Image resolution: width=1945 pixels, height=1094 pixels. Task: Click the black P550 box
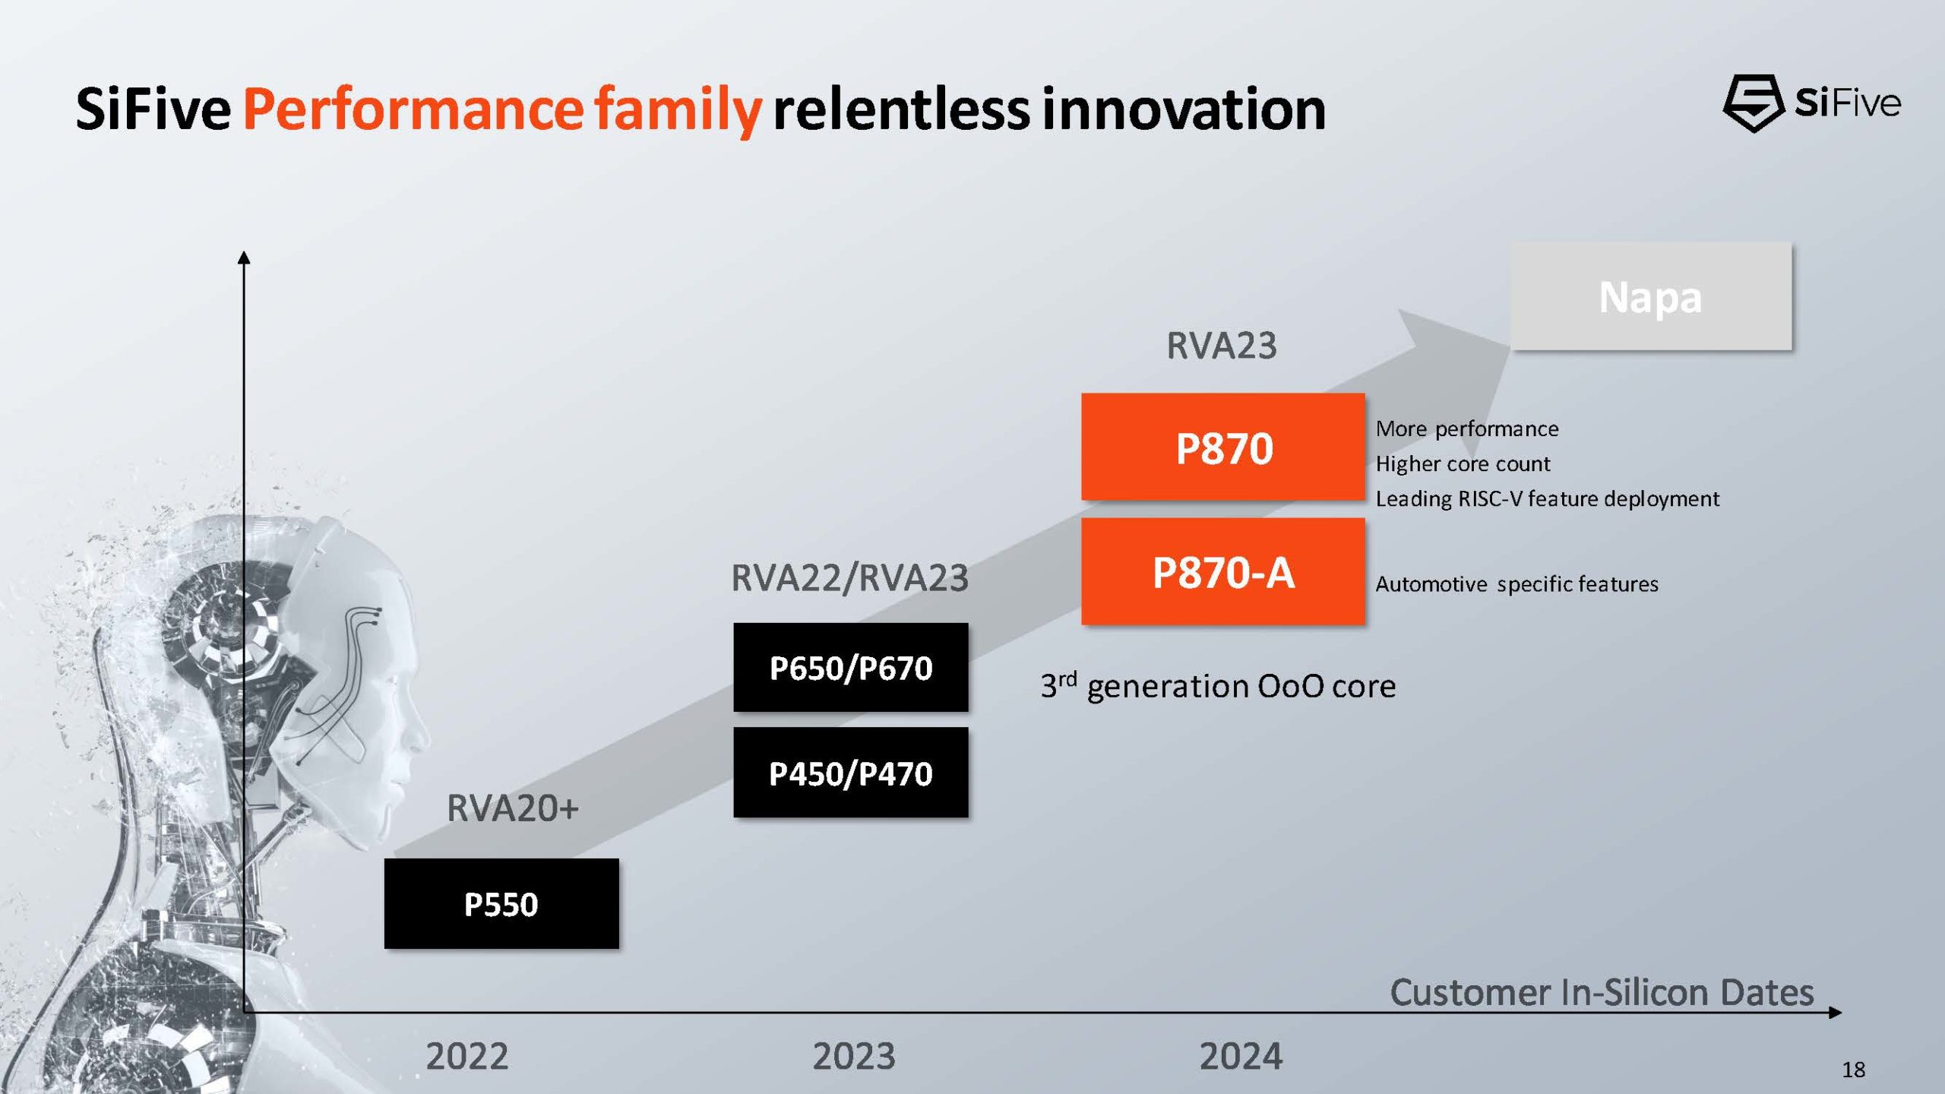pyautogui.click(x=501, y=903)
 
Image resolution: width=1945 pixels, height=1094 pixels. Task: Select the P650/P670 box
pyautogui.click(x=850, y=668)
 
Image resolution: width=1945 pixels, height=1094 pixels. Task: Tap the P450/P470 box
pyautogui.click(x=850, y=773)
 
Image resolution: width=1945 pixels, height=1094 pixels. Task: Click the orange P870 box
pyautogui.click(x=1223, y=447)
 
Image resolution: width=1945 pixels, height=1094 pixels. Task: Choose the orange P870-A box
pyautogui.click(x=1223, y=571)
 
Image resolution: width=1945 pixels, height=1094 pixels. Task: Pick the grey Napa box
pyautogui.click(x=1650, y=296)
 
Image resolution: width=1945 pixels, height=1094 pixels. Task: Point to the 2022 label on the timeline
pyautogui.click(x=466, y=1056)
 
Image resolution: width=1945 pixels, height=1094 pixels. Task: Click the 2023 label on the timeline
pyautogui.click(x=854, y=1056)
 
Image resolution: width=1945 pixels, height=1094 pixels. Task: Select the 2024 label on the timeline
pyautogui.click(x=1241, y=1056)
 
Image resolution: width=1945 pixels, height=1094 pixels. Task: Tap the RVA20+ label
pyautogui.click(x=512, y=808)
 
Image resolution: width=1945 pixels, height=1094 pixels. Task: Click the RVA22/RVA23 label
pyautogui.click(x=849, y=577)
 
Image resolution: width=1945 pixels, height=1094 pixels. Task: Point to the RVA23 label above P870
pyautogui.click(x=1221, y=346)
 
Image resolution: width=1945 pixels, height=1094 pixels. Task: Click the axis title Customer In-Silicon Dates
pyautogui.click(x=1602, y=992)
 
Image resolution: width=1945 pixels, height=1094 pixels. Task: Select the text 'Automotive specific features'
pyautogui.click(x=1516, y=584)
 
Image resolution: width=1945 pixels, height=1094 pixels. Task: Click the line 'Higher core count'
pyautogui.click(x=1463, y=463)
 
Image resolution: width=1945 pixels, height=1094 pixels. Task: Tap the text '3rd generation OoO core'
pyautogui.click(x=1218, y=686)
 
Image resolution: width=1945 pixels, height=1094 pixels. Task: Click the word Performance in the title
pyautogui.click(x=413, y=109)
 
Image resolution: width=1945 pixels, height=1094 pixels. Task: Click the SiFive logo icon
pyautogui.click(x=1753, y=103)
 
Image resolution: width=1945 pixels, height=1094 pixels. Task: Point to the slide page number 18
pyautogui.click(x=1853, y=1070)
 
